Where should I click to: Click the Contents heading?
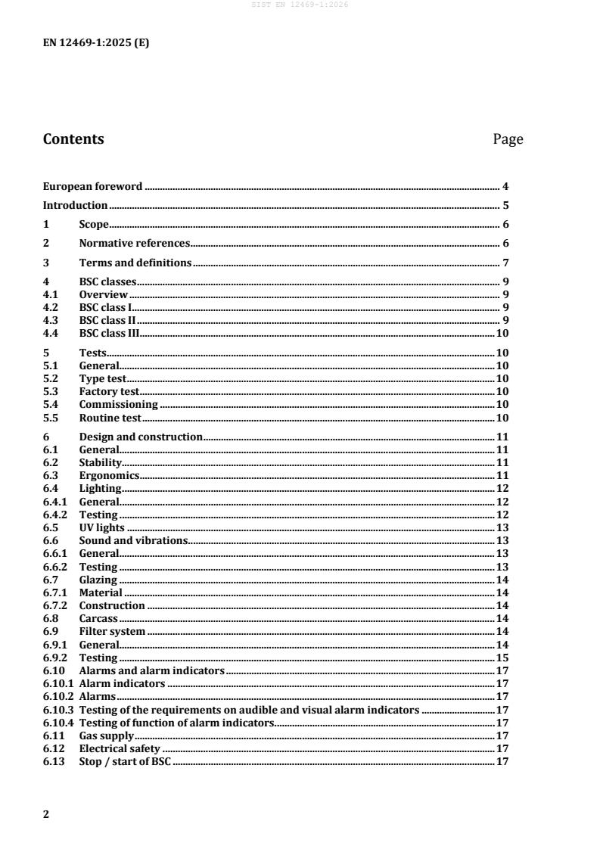pyautogui.click(x=73, y=139)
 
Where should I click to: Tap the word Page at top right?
pyautogui.click(x=508, y=139)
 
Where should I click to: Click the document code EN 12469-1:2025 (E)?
pyautogui.click(x=95, y=43)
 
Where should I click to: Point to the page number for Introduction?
pyautogui.click(x=505, y=205)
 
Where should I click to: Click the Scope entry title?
pyautogui.click(x=94, y=225)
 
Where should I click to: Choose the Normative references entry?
pyautogui.click(x=134, y=244)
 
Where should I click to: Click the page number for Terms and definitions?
pyautogui.click(x=505, y=263)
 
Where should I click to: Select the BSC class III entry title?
pyautogui.click(x=109, y=334)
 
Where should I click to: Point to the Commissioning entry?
pyautogui.click(x=118, y=405)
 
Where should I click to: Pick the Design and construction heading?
pyautogui.click(x=141, y=437)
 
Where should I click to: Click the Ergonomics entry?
pyautogui.click(x=109, y=475)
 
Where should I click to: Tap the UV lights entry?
pyautogui.click(x=101, y=527)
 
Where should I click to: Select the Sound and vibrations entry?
pyautogui.click(x=133, y=540)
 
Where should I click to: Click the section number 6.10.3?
pyautogui.click(x=58, y=710)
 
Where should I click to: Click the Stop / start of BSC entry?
pyautogui.click(x=126, y=761)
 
